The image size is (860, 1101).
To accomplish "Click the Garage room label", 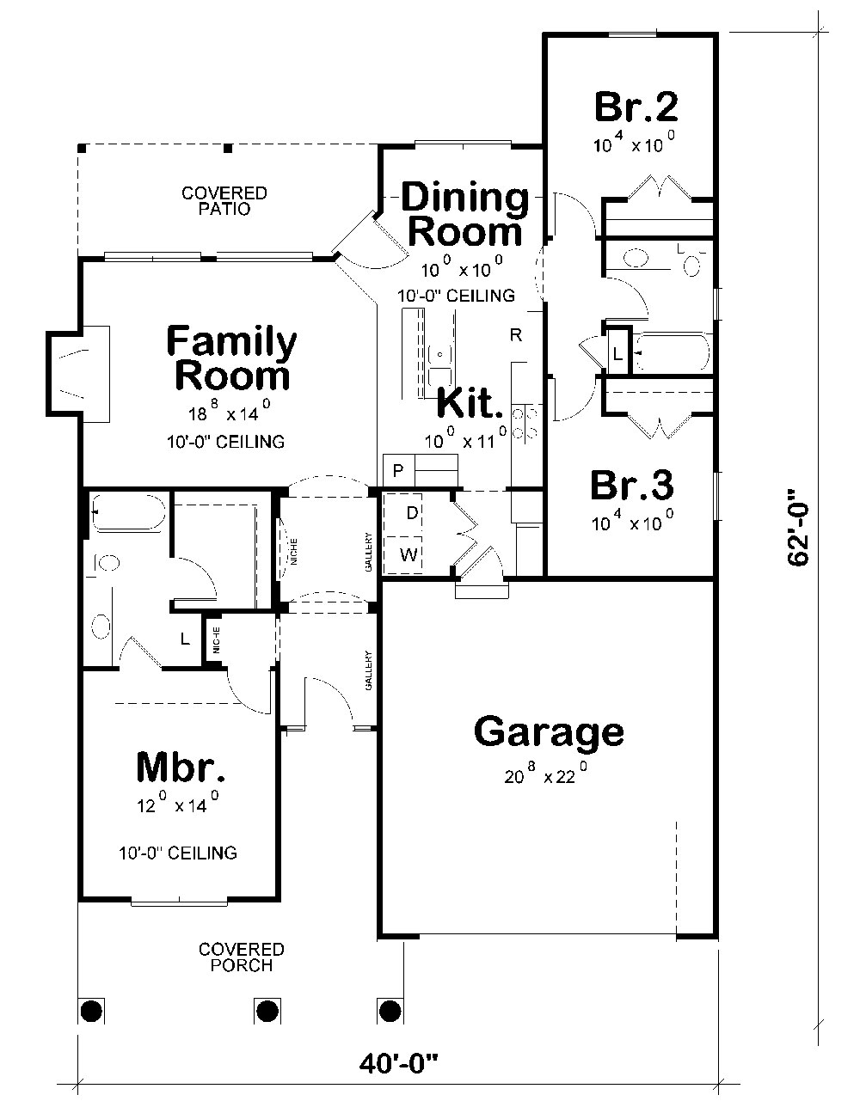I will [x=549, y=732].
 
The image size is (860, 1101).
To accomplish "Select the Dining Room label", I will [x=465, y=214].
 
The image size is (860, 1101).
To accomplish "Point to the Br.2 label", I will [x=636, y=107].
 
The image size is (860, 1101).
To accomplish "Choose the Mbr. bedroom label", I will [x=181, y=768].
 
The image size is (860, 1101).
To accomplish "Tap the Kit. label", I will [x=469, y=402].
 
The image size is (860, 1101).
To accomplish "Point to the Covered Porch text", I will [x=242, y=957].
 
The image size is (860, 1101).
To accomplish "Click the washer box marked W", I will [x=408, y=555].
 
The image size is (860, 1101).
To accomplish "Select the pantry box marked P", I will [x=398, y=470].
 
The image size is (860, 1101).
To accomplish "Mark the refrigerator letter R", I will [x=516, y=335].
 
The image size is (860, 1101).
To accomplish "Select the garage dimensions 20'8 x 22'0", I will [x=547, y=775].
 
